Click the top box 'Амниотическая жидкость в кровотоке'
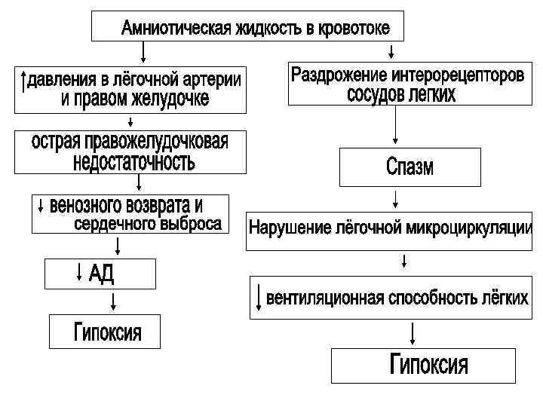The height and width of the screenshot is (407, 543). pos(247,27)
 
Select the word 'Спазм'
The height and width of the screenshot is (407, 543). pos(410,167)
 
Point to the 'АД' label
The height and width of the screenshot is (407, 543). pos(101,273)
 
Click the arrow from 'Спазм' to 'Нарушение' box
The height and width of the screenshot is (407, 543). pos(394,199)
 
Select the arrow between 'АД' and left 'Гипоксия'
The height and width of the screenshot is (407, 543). pos(113,301)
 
